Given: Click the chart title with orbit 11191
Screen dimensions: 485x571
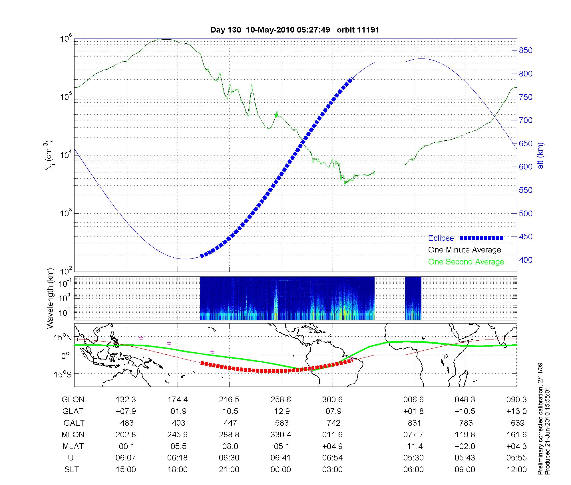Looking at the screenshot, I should (295, 30).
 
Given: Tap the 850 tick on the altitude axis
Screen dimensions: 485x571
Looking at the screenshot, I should (525, 50).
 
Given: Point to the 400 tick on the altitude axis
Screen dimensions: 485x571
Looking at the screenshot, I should (525, 260).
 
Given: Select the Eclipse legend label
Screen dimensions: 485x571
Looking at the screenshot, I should (441, 238).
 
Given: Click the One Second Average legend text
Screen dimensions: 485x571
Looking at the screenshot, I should (466, 262).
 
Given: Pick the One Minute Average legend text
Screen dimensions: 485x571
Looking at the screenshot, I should (465, 250).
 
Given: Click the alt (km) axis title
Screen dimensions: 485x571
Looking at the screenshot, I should (540, 155).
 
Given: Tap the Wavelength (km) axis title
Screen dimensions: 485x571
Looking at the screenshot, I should (51, 298).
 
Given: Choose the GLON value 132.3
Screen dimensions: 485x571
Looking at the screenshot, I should (126, 400).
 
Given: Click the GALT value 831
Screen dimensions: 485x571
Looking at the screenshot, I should (414, 423).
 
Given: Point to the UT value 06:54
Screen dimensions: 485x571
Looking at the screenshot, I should (332, 458).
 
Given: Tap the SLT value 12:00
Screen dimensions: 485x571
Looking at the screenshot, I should (516, 470).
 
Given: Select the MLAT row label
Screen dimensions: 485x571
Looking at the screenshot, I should (73, 446).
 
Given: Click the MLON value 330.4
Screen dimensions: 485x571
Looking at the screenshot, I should (281, 435).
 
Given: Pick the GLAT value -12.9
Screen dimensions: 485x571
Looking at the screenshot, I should (281, 411).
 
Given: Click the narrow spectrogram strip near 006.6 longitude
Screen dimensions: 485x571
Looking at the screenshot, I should (413, 298).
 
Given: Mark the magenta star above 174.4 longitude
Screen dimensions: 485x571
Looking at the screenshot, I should (169, 343).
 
